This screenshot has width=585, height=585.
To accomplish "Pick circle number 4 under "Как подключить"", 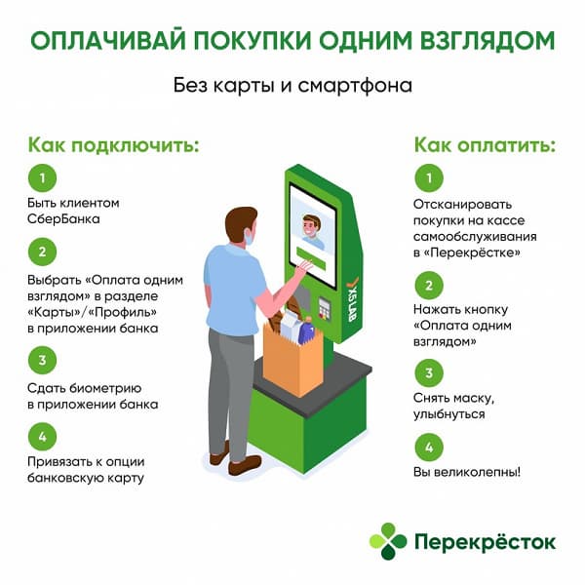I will click(x=41, y=436).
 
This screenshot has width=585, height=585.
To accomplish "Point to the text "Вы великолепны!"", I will click(x=466, y=472).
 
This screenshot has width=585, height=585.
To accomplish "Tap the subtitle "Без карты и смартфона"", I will click(x=292, y=85).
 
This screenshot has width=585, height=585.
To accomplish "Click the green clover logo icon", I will click(x=389, y=540).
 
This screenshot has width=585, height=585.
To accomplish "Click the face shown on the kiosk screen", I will click(x=312, y=232).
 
